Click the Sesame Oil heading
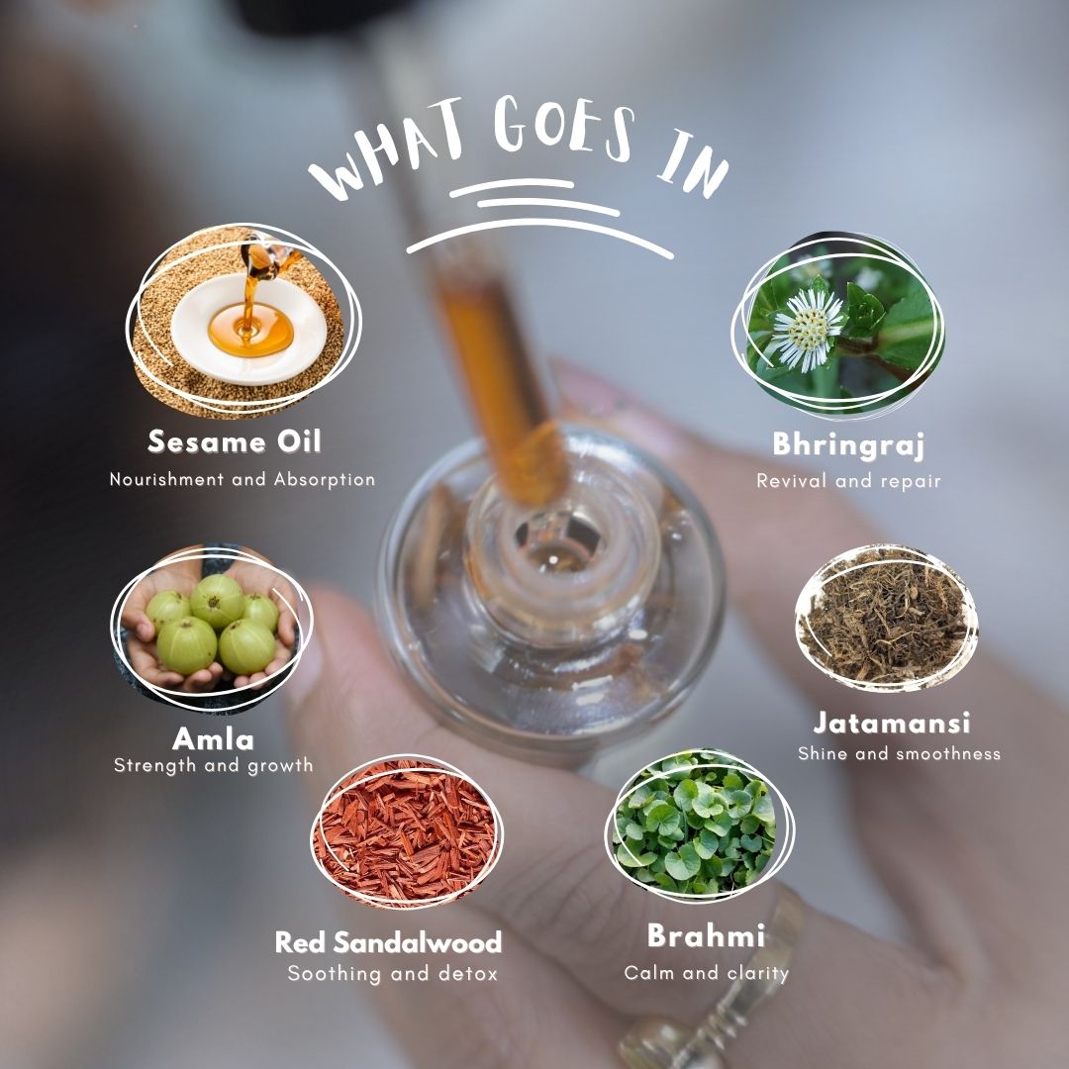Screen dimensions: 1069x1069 (x=234, y=441)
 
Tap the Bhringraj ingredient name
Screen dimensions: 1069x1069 (x=848, y=445)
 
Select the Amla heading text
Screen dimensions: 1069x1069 (x=213, y=738)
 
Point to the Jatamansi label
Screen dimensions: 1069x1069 (x=892, y=723)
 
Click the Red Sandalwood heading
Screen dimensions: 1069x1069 (x=388, y=942)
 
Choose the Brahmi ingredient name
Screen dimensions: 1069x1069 (x=706, y=935)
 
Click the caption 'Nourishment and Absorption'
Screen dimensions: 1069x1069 (x=243, y=479)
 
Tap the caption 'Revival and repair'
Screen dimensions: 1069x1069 (x=848, y=481)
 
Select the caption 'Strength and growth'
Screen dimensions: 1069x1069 (x=214, y=765)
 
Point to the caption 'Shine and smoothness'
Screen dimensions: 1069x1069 (x=899, y=753)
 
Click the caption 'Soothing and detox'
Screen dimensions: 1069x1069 (x=393, y=973)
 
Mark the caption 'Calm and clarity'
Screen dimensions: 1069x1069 (x=707, y=973)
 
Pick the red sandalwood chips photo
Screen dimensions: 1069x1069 (x=407, y=831)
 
